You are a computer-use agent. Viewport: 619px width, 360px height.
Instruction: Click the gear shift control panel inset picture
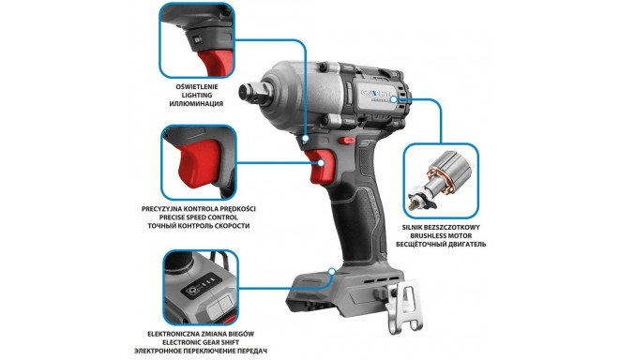pos(199,285)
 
